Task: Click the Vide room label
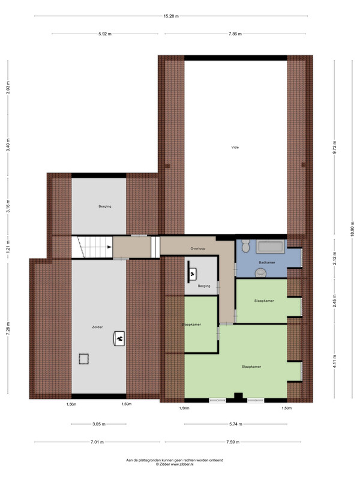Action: [x=235, y=148]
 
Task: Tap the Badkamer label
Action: [x=266, y=263]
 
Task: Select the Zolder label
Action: [x=97, y=327]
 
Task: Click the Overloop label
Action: [x=198, y=248]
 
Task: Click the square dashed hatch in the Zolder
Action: [x=83, y=359]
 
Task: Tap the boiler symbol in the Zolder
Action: [x=119, y=338]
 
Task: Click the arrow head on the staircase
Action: [x=109, y=247]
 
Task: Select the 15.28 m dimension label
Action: [x=171, y=16]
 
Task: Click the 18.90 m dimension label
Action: [x=352, y=229]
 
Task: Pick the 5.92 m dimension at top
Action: [x=105, y=34]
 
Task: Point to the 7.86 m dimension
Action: [x=235, y=34]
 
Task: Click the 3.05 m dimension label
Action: [x=99, y=424]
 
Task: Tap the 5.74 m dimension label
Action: [x=236, y=424]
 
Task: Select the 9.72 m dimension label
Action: [x=334, y=147]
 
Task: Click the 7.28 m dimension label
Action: [x=8, y=329]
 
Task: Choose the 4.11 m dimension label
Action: [x=334, y=361]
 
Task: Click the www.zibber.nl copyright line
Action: [x=175, y=464]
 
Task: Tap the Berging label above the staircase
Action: [x=104, y=206]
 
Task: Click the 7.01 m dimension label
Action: [x=97, y=442]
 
